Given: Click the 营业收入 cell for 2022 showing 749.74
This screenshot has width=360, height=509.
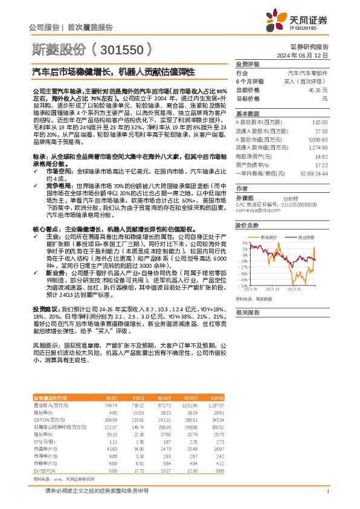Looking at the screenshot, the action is coord(109,404).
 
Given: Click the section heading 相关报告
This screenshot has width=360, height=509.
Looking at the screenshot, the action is coord(247,312).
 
